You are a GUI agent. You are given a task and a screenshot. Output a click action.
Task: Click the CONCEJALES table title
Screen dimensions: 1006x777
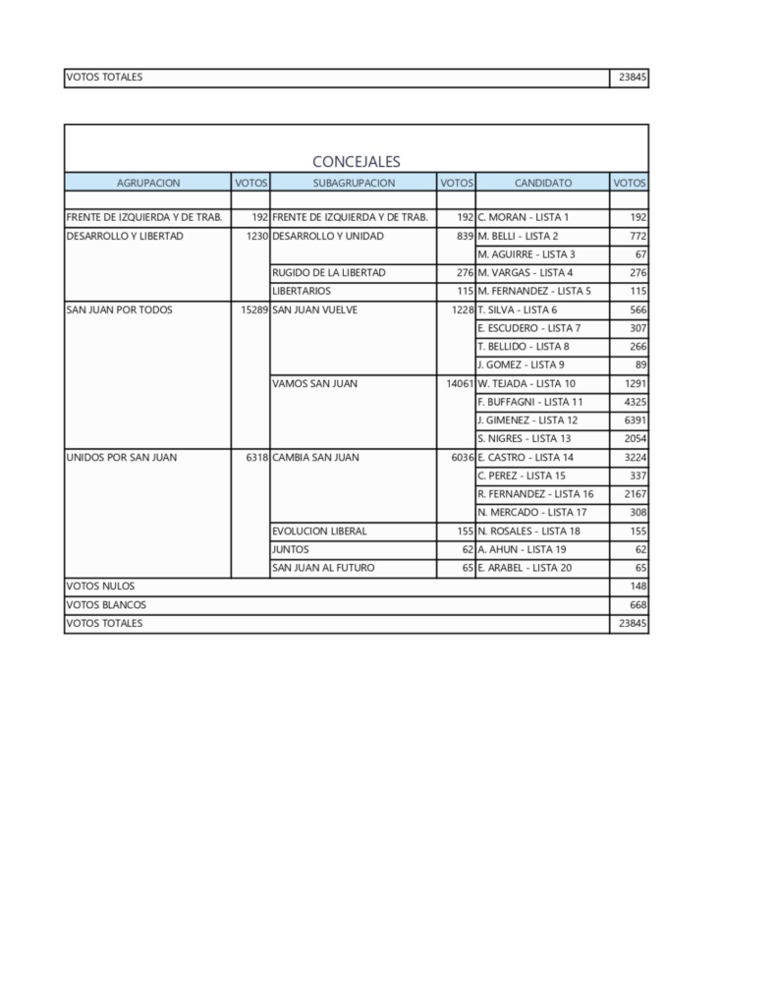tap(356, 161)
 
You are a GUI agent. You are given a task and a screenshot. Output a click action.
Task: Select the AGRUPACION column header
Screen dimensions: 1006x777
tap(147, 182)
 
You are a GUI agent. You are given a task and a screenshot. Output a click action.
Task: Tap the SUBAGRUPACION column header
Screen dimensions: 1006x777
tap(354, 182)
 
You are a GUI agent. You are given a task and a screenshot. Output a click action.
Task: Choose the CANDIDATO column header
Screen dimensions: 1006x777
tap(542, 182)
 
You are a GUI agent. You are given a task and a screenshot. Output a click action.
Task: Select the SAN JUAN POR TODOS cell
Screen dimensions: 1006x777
tap(119, 309)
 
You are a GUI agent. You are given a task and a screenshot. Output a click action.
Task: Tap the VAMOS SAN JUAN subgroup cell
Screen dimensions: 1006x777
tap(314, 384)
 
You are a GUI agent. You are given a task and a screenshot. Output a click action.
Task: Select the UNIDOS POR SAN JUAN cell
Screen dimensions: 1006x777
tap(121, 458)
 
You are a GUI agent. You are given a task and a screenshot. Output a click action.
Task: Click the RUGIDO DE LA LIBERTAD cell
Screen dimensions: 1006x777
tap(328, 273)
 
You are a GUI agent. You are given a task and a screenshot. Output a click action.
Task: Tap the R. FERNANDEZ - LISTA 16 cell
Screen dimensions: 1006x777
tap(535, 494)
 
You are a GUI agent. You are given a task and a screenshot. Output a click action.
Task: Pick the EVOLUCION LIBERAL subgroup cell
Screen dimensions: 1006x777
tap(319, 531)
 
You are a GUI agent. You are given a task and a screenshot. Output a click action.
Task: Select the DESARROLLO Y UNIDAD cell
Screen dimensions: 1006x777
tap(327, 236)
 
